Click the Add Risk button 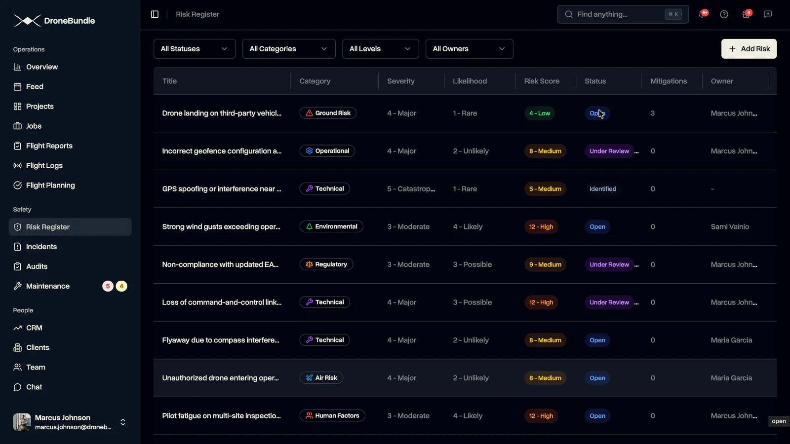click(749, 49)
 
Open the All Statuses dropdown click(195, 49)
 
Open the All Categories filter click(288, 49)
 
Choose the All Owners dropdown click(469, 49)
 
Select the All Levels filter click(380, 49)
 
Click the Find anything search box click(623, 14)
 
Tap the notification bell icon click(702, 14)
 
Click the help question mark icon click(724, 14)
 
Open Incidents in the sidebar click(41, 247)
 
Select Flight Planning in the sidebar click(50, 185)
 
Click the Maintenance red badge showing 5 click(108, 286)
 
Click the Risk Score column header click(542, 81)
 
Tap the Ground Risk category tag click(328, 113)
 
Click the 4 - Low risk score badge click(540, 113)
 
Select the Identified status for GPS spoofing click(603, 189)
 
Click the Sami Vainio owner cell click(730, 226)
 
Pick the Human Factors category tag click(332, 416)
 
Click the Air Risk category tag click(321, 378)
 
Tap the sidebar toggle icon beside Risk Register click(155, 14)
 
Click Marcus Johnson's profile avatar click(22, 422)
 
